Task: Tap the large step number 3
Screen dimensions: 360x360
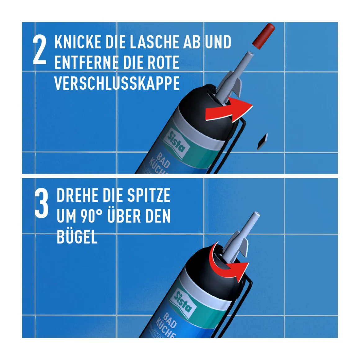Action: click(41, 204)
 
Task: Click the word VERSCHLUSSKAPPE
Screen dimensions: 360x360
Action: click(117, 83)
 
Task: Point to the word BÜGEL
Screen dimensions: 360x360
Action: click(77, 237)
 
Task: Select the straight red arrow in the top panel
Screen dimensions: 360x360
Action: click(229, 110)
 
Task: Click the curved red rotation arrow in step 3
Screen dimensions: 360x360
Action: click(228, 264)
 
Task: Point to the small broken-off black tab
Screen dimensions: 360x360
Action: click(263, 142)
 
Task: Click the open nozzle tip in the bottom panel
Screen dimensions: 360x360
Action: click(256, 215)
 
